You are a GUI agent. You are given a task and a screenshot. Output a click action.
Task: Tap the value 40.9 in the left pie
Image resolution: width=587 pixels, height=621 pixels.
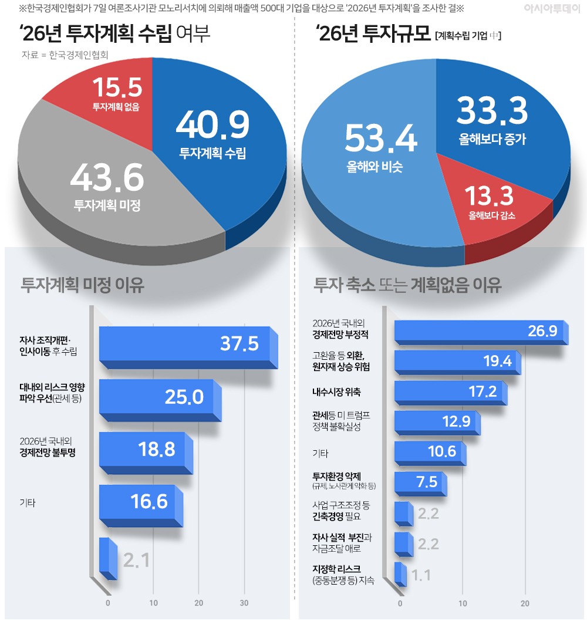click(212, 124)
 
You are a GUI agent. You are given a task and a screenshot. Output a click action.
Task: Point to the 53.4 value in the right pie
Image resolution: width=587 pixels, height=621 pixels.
click(380, 139)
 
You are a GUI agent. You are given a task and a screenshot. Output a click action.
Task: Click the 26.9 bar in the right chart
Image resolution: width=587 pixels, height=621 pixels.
click(478, 332)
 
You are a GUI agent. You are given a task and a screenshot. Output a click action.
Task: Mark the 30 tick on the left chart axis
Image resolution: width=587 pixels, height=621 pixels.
click(244, 603)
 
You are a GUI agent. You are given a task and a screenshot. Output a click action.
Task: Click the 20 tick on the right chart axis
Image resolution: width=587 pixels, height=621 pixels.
click(525, 603)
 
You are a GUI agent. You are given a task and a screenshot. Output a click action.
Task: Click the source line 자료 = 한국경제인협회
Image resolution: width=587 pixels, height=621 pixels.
click(68, 55)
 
